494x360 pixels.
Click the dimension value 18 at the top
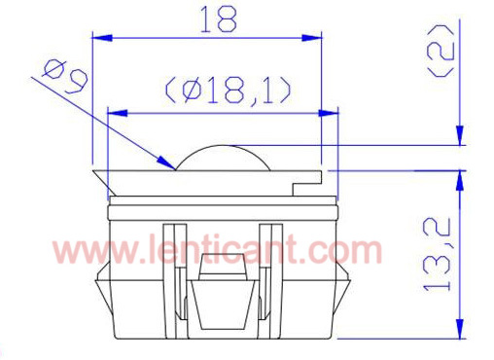coord(219,19)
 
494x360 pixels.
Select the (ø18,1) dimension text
coord(229,90)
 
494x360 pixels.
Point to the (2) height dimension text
coord(441,52)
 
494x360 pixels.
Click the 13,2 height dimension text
coord(437,254)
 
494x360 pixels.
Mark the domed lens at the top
coord(223,158)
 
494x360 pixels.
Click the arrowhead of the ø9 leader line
coord(166,162)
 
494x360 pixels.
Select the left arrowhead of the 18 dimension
coord(102,38)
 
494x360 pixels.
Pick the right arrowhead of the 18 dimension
coord(311,38)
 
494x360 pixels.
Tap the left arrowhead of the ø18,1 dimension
coord(117,113)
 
